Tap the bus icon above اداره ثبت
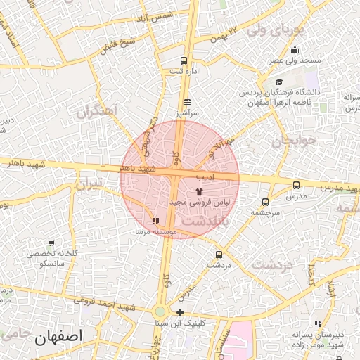184,60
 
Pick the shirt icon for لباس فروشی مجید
199,190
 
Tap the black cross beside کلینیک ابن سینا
181,312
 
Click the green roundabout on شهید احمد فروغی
160,311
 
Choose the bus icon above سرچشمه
265,201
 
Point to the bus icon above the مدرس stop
296,186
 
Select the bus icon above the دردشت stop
219,255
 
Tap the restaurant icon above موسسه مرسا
155,221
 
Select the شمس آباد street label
152,15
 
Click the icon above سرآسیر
186,102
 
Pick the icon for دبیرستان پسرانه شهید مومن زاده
319,323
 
